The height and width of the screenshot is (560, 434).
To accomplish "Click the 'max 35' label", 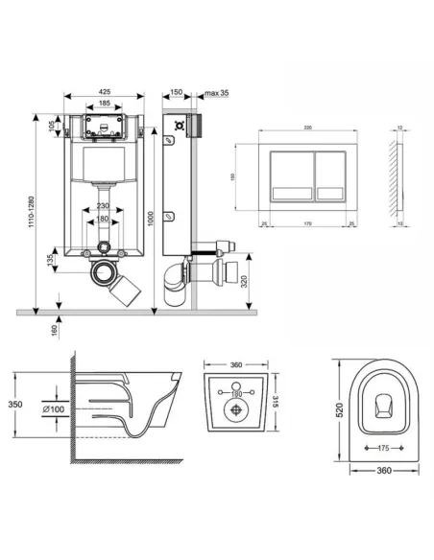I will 217,93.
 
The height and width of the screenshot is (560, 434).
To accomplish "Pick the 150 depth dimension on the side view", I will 176,93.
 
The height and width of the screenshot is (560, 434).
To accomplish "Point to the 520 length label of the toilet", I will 340,410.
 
